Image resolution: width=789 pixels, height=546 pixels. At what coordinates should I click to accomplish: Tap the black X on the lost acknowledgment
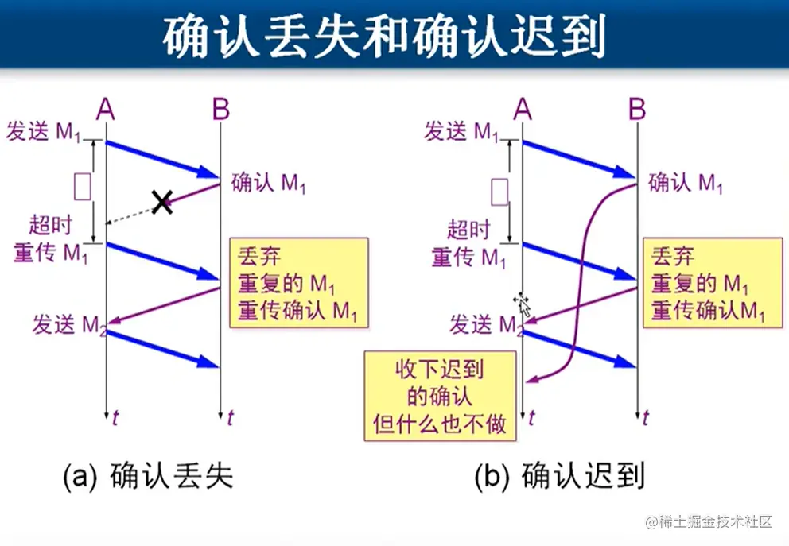pos(162,202)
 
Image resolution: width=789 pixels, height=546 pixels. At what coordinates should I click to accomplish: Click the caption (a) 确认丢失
pos(148,476)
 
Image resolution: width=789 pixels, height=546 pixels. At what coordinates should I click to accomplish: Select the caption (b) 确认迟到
pos(559,476)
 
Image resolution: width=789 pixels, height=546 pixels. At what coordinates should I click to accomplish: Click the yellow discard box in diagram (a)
pos(299,282)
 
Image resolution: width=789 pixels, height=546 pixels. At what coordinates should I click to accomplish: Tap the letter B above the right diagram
pos(637,109)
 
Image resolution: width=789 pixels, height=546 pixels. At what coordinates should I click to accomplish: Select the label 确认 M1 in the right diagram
pos(686,184)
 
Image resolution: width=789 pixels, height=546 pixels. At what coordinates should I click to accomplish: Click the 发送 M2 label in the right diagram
pos(486,324)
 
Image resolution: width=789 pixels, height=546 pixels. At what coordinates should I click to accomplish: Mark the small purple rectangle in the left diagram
pos(82,186)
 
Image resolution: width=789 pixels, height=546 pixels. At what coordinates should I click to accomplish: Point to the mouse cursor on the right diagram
pos(523,303)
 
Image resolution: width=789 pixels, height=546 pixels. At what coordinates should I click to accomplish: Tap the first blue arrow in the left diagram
pos(162,159)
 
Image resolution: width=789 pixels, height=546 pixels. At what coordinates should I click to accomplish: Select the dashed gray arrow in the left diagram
pos(131,214)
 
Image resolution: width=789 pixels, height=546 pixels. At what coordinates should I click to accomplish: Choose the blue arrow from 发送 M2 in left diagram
pos(162,349)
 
